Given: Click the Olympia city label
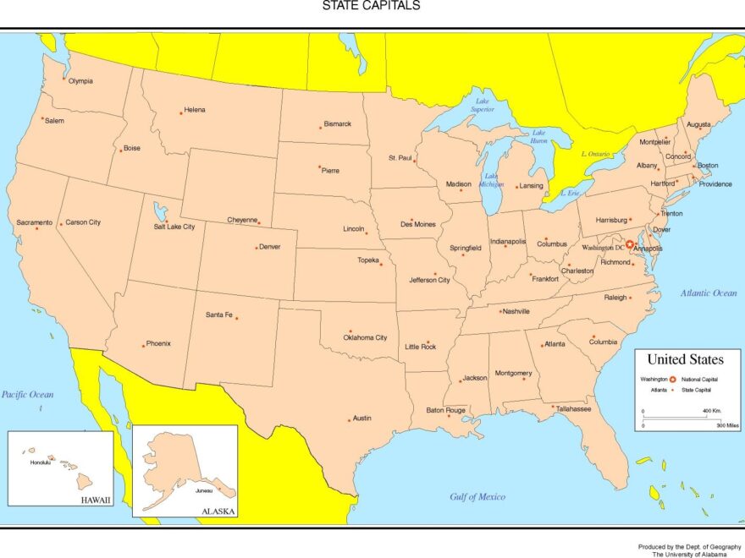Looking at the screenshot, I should click(x=80, y=81).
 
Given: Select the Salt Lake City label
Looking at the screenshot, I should click(x=174, y=227).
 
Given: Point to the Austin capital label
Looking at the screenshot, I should click(x=361, y=418).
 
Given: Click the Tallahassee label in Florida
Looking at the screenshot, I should click(x=573, y=408).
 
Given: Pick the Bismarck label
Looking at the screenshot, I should click(x=337, y=123).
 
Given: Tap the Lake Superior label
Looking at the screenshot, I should click(x=482, y=105).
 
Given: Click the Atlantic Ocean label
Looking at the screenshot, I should click(x=709, y=293).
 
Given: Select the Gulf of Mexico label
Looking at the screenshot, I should click(x=477, y=497).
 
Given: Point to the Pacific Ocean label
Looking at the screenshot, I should click(x=27, y=395).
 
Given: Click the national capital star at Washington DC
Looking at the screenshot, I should click(x=630, y=244).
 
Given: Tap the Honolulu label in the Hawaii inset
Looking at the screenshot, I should click(x=41, y=462).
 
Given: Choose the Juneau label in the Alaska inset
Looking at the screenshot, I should click(x=204, y=490).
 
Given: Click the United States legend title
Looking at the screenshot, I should click(x=685, y=359).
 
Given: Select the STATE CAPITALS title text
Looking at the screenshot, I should click(x=371, y=6).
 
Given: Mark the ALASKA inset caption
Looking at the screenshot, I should click(x=218, y=511).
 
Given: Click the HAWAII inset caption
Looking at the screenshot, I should click(x=96, y=500).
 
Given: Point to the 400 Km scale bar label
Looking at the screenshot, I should click(x=711, y=411).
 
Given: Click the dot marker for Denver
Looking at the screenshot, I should click(x=257, y=248).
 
